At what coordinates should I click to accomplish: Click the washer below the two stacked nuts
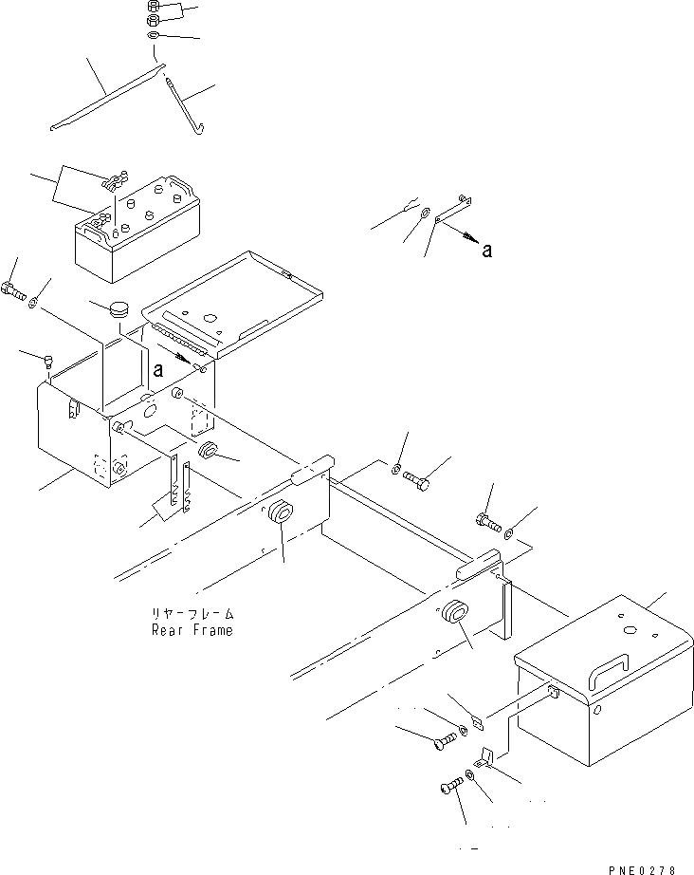[x=154, y=36]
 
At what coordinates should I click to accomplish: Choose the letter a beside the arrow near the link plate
[x=486, y=251]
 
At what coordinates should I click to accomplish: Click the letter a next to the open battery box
[x=158, y=366]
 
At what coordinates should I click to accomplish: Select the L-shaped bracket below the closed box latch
[x=489, y=755]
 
